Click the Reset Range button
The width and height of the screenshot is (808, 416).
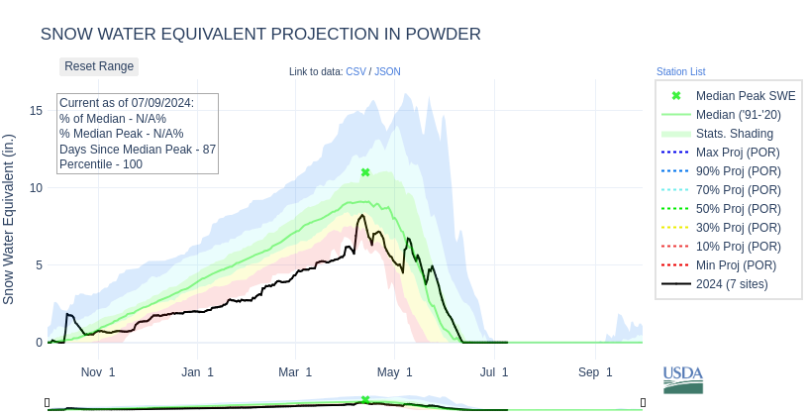99,66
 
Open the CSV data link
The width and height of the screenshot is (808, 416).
355,71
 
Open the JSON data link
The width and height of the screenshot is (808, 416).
387,71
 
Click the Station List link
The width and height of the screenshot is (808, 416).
680,71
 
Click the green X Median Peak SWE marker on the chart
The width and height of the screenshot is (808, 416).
365,172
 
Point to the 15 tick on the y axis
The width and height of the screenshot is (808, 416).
36,110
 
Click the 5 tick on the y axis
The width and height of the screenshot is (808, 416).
39,264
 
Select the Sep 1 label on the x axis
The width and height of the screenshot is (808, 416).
595,372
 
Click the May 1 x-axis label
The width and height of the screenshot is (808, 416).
395,372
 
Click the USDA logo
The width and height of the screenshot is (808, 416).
682,378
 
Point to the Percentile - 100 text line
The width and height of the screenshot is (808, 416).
101,163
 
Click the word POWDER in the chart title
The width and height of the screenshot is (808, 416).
442,34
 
